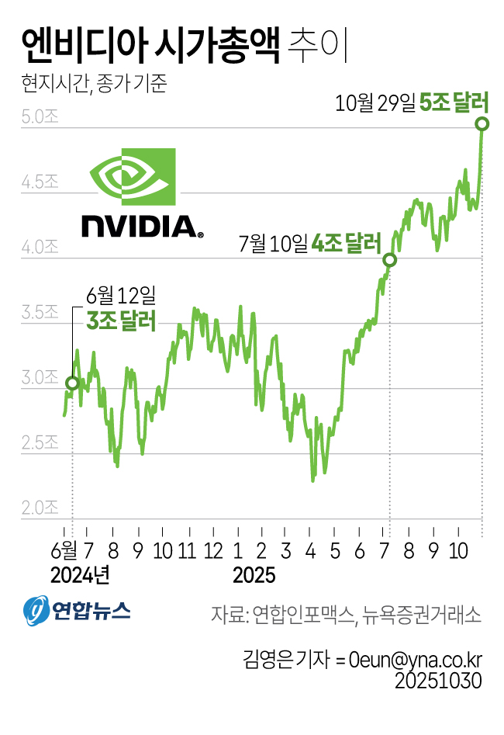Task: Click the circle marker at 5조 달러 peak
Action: tap(482, 124)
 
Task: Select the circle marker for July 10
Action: tap(390, 260)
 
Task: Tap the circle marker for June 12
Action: tap(72, 383)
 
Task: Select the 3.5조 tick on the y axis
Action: tap(40, 314)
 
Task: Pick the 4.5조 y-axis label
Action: tap(40, 183)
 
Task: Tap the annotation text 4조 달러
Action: tap(346, 244)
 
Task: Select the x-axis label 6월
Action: tap(64, 550)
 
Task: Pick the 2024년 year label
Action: tap(80, 576)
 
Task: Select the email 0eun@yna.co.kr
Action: tap(416, 660)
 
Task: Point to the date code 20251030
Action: tap(439, 681)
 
